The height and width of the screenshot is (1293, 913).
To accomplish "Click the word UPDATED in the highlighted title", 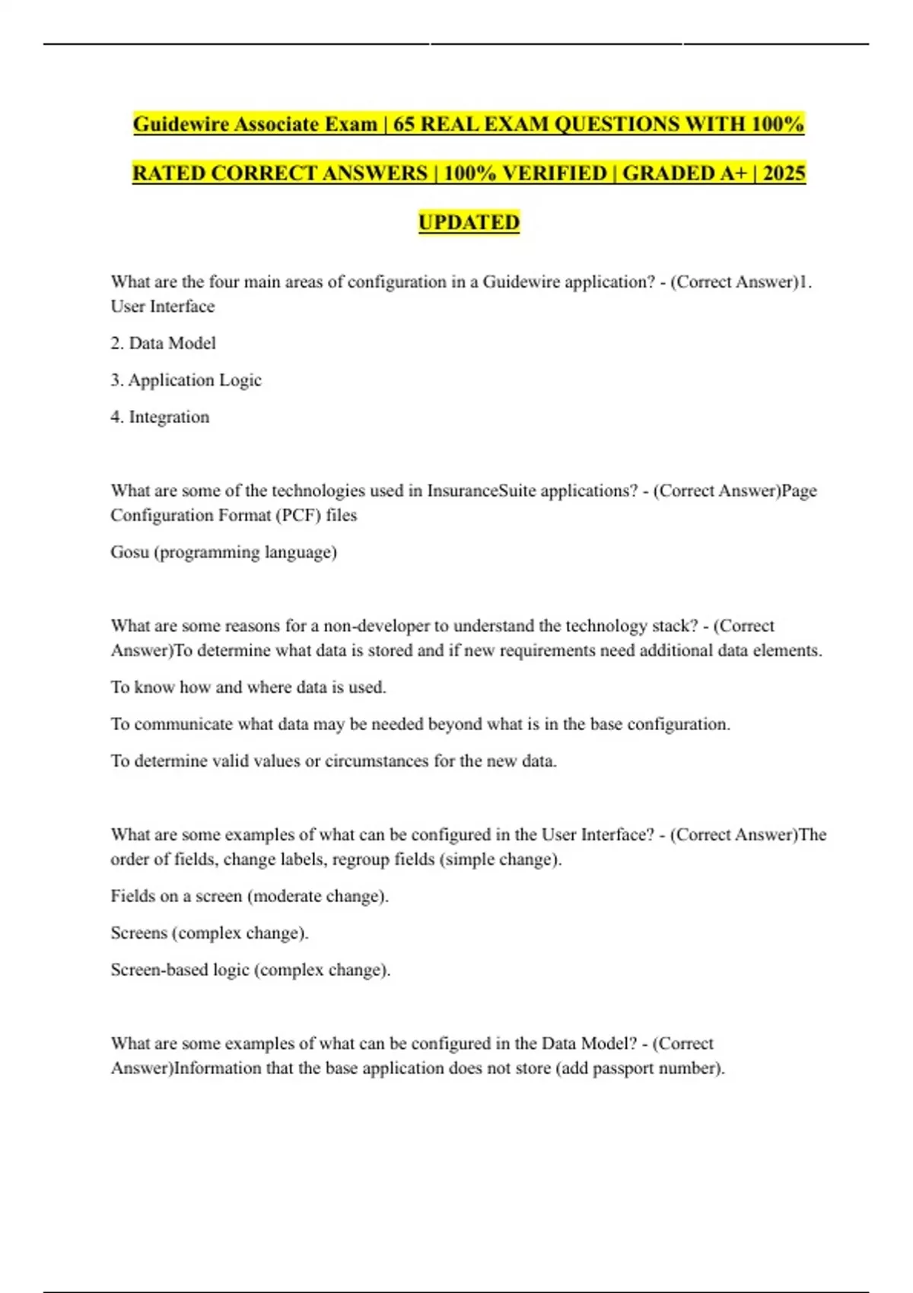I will tap(469, 222).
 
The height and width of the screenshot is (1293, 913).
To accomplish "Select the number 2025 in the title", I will tap(784, 173).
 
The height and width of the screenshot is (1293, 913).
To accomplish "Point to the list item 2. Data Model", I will tap(163, 343).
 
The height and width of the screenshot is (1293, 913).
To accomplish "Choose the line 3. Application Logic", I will tap(186, 380).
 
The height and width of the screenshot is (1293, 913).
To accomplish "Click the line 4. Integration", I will tap(160, 417).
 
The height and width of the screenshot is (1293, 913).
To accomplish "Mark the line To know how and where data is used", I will tap(248, 687).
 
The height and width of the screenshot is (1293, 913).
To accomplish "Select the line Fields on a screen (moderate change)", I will tap(250, 896).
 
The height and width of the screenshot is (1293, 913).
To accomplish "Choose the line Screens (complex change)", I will tap(209, 932).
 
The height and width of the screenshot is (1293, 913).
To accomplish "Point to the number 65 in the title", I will tap(404, 124).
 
